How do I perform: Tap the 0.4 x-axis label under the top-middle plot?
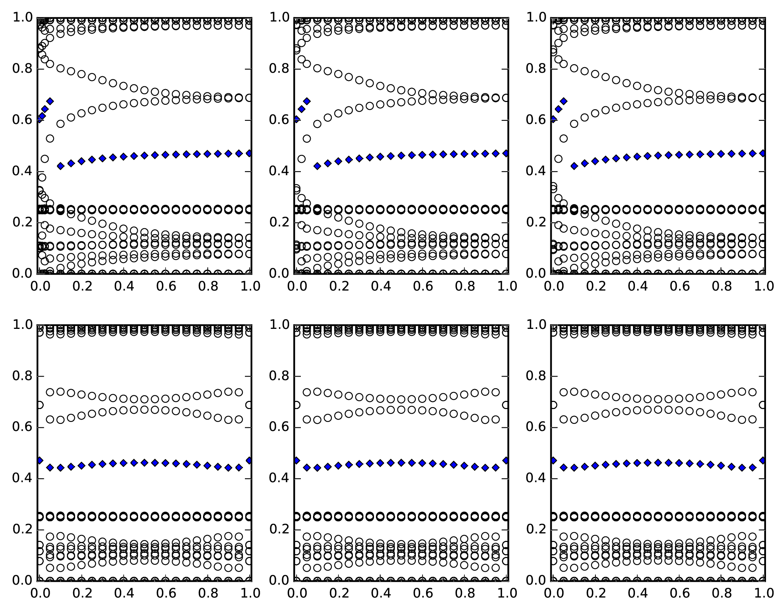pyautogui.click(x=380, y=286)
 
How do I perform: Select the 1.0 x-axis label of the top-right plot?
pyautogui.click(x=764, y=286)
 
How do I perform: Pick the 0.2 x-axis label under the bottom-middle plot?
pyautogui.click(x=338, y=593)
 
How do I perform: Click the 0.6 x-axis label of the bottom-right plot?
pyautogui.click(x=679, y=593)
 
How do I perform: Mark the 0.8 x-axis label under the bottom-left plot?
pyautogui.click(x=208, y=593)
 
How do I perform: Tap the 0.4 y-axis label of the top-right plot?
pyautogui.click(x=535, y=172)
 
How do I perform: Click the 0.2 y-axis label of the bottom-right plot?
pyautogui.click(x=535, y=530)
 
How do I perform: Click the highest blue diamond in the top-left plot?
pyautogui.click(x=50, y=101)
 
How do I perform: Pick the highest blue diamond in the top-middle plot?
pyautogui.click(x=307, y=101)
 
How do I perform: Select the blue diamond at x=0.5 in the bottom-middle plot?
pyautogui.click(x=401, y=463)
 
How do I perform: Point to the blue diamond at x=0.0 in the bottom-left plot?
pyautogui.click(x=40, y=460)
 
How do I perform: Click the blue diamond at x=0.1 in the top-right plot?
pyautogui.click(x=574, y=166)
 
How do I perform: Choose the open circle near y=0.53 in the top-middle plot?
pyautogui.click(x=307, y=138)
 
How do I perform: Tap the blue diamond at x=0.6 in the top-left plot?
pyautogui.click(x=165, y=155)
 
